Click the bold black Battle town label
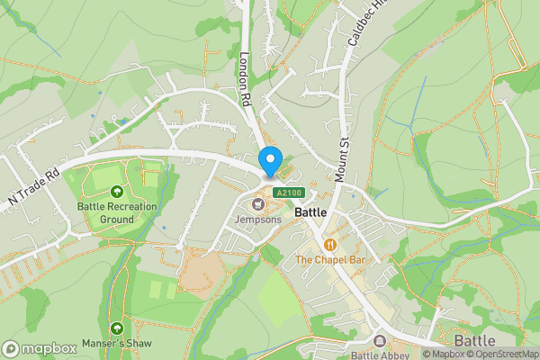pos(310,212)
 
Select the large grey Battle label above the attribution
pos(474,341)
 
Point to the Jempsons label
pos(258,219)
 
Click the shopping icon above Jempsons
pos(258,203)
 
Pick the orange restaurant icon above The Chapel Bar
pos(330,245)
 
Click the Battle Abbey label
pos(380,355)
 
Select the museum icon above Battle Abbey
pos(380,342)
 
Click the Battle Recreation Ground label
pos(116,212)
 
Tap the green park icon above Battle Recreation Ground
pos(116,192)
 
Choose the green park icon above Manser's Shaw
pos(116,328)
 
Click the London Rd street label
pos(244,78)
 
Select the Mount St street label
pos(341,160)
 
